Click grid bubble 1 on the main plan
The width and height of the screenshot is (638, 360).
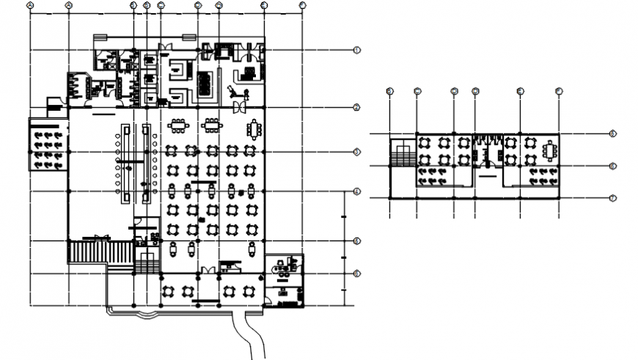pyautogui.click(x=356, y=50)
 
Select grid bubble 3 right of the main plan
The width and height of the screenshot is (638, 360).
pyautogui.click(x=356, y=152)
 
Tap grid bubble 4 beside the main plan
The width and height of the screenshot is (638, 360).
pyautogui.click(x=356, y=192)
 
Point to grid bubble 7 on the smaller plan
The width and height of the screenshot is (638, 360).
pyautogui.click(x=612, y=198)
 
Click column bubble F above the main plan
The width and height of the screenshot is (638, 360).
pyautogui.click(x=302, y=5)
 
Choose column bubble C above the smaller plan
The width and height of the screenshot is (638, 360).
pyautogui.click(x=417, y=91)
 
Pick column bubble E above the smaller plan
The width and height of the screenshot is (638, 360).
pyautogui.click(x=519, y=91)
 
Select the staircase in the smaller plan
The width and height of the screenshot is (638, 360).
pyautogui.click(x=403, y=156)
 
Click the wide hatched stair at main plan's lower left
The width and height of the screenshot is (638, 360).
pyautogui.click(x=87, y=252)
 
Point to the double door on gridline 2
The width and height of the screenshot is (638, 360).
pyautogui.click(x=239, y=108)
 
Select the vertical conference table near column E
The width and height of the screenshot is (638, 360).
pyautogui.click(x=254, y=128)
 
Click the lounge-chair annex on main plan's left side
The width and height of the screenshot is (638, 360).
pyautogui.click(x=48, y=144)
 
